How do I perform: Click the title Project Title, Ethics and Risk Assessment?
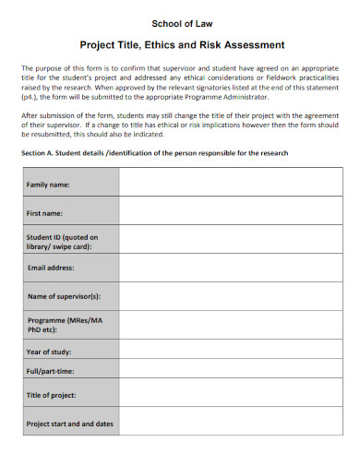pyautogui.click(x=180, y=44)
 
